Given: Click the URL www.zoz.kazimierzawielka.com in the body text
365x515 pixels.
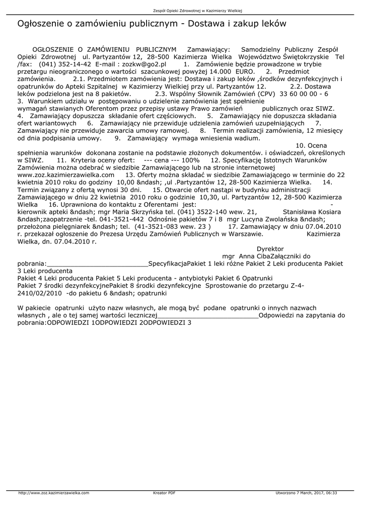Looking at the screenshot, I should [66, 175].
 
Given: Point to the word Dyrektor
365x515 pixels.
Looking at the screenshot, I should [270, 249].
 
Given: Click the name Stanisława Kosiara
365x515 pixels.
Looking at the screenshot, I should [312, 212].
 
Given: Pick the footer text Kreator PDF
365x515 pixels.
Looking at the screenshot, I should [164, 493].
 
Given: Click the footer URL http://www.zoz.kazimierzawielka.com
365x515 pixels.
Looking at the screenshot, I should [53, 493].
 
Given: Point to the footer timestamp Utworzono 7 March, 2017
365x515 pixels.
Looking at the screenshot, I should [300, 493].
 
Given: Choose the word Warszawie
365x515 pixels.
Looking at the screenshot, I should [244, 234].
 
